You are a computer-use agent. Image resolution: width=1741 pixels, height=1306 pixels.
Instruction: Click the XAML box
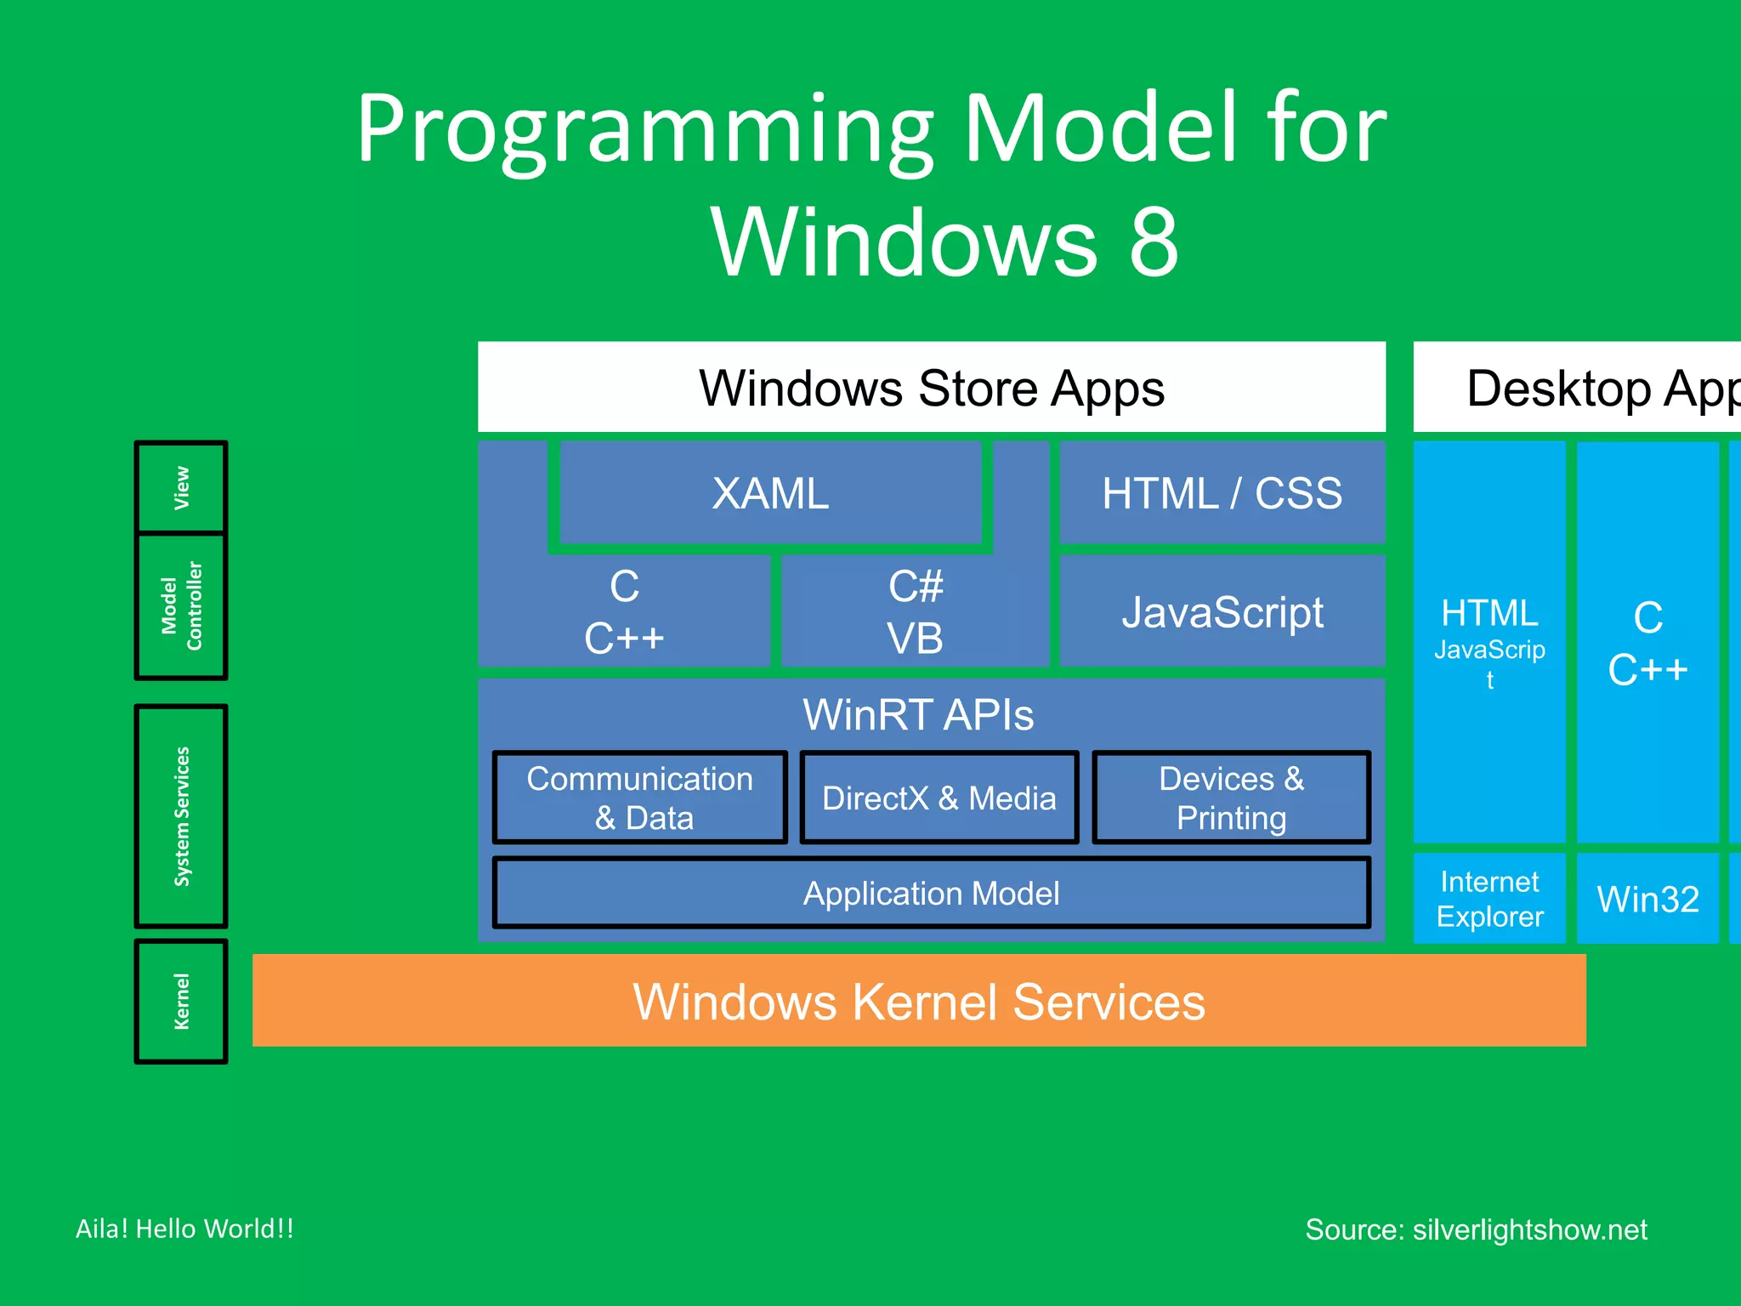(x=770, y=493)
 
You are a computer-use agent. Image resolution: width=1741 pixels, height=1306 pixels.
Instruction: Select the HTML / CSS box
(x=1222, y=493)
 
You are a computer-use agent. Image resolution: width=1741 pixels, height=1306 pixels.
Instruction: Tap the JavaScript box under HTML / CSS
(x=1222, y=612)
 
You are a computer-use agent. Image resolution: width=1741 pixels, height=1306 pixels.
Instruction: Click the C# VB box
(x=915, y=612)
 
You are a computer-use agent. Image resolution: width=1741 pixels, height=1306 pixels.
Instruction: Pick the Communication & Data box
(x=639, y=798)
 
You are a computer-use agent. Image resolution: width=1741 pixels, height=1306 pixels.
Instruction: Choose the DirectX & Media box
(x=939, y=798)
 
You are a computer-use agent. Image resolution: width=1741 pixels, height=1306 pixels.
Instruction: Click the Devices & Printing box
(x=1231, y=798)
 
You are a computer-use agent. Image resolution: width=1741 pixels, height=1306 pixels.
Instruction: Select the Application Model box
(x=931, y=893)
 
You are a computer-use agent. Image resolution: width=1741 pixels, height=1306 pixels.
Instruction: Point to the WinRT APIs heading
(x=918, y=714)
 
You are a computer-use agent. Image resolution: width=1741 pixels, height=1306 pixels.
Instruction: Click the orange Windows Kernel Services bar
(x=918, y=1001)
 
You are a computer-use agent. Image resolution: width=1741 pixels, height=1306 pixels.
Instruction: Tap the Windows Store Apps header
(x=931, y=388)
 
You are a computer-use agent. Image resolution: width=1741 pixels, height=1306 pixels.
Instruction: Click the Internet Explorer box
(x=1489, y=899)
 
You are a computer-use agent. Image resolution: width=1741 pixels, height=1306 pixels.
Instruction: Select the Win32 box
(x=1647, y=899)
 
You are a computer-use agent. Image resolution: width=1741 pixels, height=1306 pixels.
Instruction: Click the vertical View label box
(x=181, y=487)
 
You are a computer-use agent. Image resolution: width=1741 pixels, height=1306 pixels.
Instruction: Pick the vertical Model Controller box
(x=181, y=606)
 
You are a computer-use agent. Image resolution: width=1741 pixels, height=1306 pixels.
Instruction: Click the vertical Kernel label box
(x=181, y=1001)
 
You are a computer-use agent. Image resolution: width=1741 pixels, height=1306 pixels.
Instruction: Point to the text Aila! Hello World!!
(x=184, y=1229)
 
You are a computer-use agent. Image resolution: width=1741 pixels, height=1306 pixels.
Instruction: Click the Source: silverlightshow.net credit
(x=1476, y=1229)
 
